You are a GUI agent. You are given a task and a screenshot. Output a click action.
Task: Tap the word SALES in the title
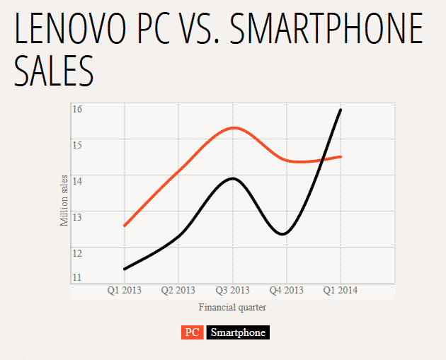coord(54,71)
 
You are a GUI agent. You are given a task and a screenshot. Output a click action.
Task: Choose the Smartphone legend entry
coord(238,332)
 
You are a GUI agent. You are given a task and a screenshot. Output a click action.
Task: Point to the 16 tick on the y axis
coord(77,109)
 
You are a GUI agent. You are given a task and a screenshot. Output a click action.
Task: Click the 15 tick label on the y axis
coord(77,145)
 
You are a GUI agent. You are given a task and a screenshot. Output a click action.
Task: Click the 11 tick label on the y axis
coord(77,277)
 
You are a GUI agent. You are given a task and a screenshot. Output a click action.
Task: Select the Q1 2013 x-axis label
coord(124,291)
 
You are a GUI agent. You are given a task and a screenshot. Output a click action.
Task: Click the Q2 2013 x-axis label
coord(178,291)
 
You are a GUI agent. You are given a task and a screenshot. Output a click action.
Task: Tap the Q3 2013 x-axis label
coord(232,291)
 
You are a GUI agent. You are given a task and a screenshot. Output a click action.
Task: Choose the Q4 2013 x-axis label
coord(287,291)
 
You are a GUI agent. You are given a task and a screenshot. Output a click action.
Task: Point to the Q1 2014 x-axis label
coord(341,291)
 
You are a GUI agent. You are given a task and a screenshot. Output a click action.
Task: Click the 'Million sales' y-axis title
coord(64,200)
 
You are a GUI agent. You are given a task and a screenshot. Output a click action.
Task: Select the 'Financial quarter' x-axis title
coord(232,308)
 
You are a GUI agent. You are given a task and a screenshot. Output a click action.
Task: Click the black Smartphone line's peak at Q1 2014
coord(341,110)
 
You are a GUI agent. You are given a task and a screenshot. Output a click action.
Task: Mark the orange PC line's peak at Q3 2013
coord(234,128)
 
